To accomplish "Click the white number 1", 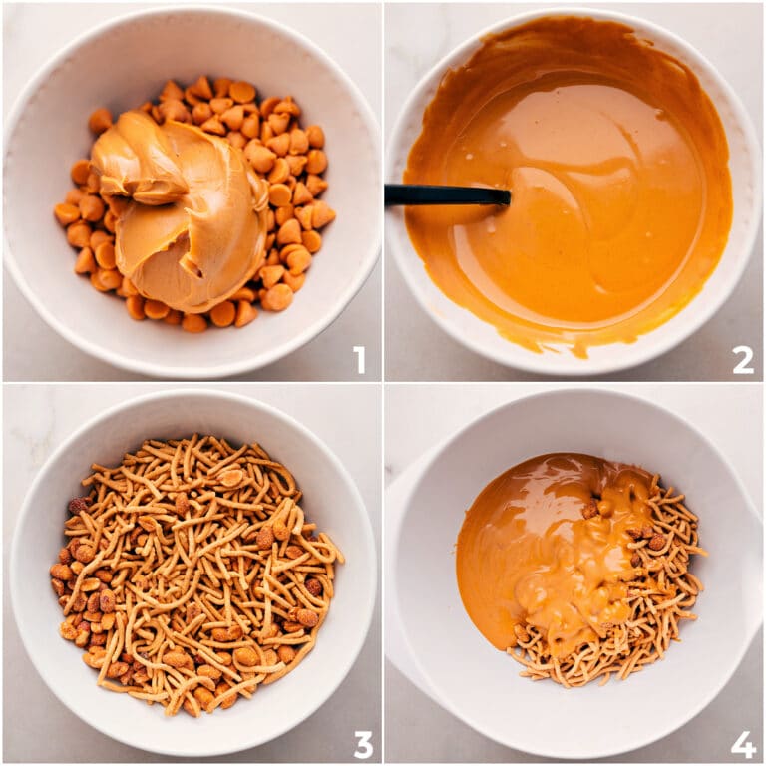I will (359, 359).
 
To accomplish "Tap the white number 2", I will (742, 359).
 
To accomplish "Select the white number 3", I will (363, 743).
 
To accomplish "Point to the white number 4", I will (743, 744).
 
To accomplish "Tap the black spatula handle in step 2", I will (429, 194).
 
